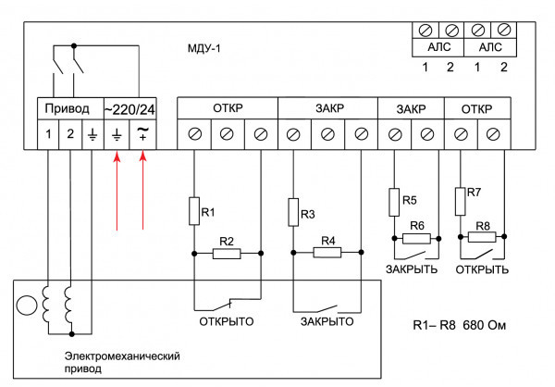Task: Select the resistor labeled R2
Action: pos(227,252)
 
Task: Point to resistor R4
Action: pos(327,252)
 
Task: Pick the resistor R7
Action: pos(460,197)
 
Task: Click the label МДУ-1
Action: pos(205,47)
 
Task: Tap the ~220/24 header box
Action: pos(130,107)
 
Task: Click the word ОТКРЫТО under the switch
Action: pos(227,321)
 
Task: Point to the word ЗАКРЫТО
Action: pos(327,321)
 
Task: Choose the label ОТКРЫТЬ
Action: pos(482,269)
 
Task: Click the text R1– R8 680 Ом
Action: pos(459,327)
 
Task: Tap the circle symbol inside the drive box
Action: pos(29,305)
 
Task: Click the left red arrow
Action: pos(117,193)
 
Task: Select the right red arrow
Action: pos(143,193)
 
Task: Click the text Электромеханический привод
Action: pos(120,361)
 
